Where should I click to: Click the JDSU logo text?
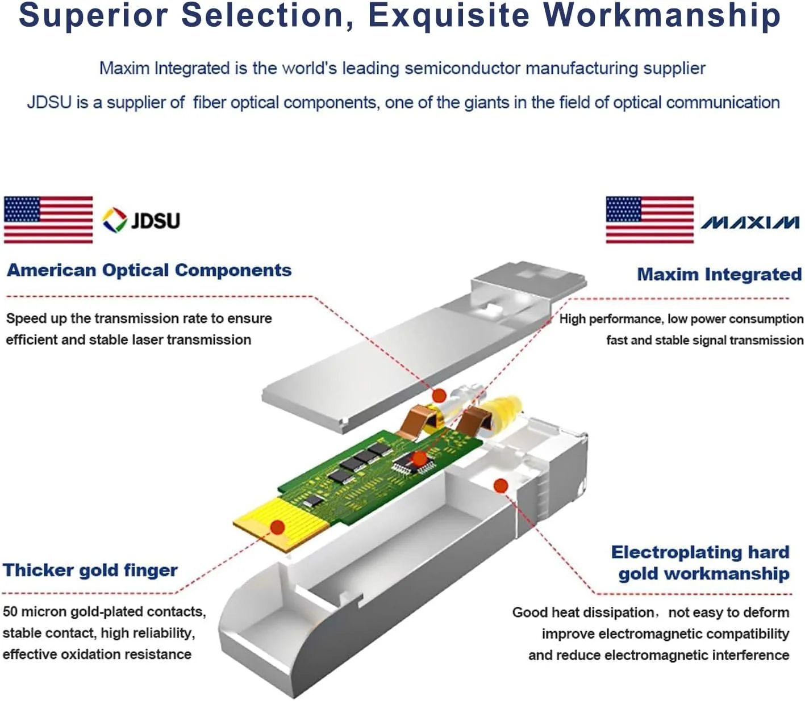pyautogui.click(x=155, y=220)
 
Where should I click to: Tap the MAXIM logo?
pyautogui.click(x=749, y=222)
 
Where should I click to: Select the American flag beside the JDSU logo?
pyautogui.click(x=48, y=220)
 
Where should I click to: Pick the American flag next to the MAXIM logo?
pyautogui.click(x=649, y=220)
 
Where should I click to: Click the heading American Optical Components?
pyautogui.click(x=149, y=270)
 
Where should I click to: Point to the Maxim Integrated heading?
pyautogui.click(x=719, y=275)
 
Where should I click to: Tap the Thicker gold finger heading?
pyautogui.click(x=90, y=570)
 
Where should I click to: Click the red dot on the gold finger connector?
pyautogui.click(x=277, y=527)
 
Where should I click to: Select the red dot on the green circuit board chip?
pyautogui.click(x=419, y=458)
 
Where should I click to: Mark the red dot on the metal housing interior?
pyautogui.click(x=500, y=485)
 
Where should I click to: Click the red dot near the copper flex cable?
pyautogui.click(x=439, y=395)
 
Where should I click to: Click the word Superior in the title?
pyautogui.click(x=93, y=15)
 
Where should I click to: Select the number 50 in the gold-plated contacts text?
pyautogui.click(x=10, y=612)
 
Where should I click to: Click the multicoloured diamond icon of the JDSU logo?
pyautogui.click(x=114, y=220)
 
